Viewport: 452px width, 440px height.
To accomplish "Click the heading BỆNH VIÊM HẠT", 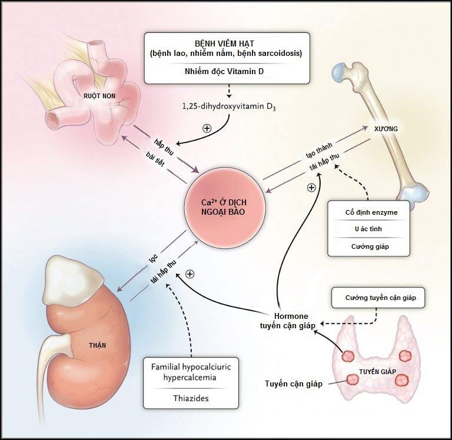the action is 225,44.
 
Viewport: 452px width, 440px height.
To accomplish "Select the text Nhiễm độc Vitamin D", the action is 224,71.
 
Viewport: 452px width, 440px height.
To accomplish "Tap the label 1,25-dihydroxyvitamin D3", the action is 229,106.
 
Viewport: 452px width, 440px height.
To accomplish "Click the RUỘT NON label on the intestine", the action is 99,96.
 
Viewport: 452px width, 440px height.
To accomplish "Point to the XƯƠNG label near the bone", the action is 386,129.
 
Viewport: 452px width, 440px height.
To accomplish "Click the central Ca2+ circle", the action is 225,207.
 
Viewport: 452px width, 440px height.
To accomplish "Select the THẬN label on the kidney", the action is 98,345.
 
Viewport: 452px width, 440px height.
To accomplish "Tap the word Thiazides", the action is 191,398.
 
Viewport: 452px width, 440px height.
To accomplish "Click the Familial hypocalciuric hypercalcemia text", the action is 191,372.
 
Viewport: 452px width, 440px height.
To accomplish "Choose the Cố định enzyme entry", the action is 371,212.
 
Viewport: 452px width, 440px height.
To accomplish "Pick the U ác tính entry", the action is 368,229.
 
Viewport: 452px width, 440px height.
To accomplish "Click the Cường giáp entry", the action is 370,246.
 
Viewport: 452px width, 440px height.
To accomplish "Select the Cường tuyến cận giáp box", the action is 378,298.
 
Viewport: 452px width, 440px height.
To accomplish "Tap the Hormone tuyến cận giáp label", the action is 288,321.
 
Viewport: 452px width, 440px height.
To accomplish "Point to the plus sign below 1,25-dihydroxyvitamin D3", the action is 207,128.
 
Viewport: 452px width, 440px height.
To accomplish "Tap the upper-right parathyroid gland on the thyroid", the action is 406,356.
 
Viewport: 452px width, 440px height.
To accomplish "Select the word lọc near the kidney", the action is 153,258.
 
